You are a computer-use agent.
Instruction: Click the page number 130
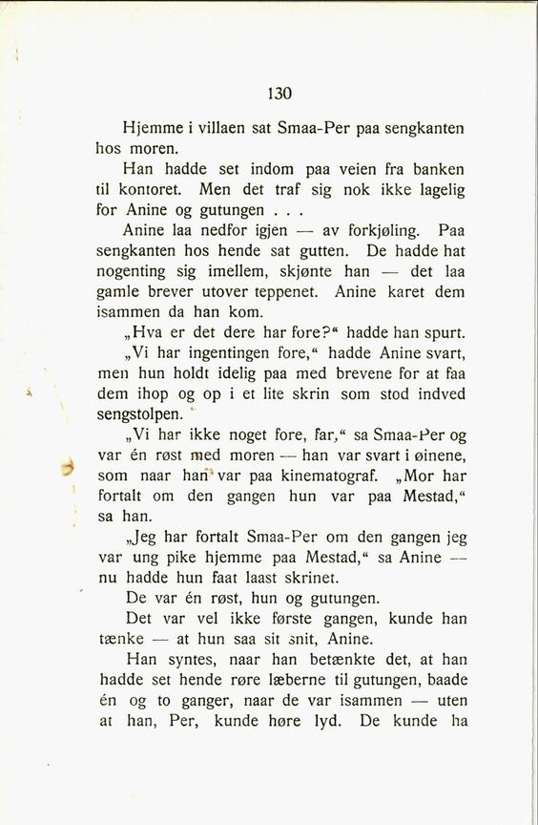279,94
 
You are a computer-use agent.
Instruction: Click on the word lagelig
435,189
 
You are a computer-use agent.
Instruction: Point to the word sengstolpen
137,415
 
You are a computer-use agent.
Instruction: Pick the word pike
198,558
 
